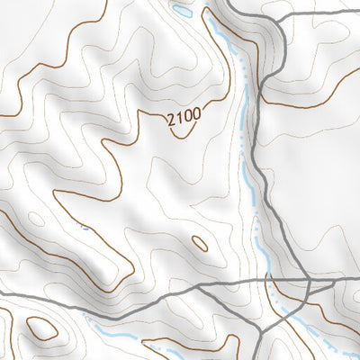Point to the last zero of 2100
click(196, 114)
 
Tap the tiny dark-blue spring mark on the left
click(85, 226)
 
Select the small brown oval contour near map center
click(200, 243)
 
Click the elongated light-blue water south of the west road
click(117, 325)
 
